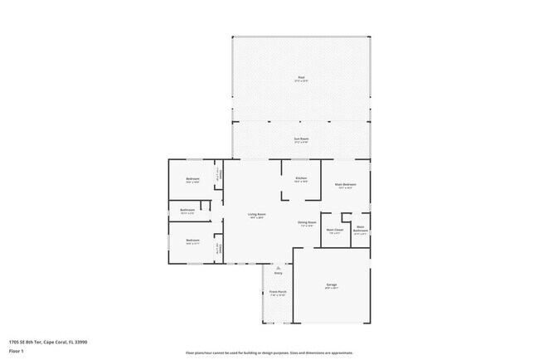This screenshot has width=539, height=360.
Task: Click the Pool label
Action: (301, 79)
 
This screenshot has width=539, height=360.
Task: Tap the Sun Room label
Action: (301, 139)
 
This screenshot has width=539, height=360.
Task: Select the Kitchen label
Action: (301, 179)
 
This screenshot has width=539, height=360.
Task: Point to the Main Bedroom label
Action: (345, 185)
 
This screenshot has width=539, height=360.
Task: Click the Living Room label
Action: (256, 216)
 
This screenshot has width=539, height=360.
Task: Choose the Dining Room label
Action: (306, 223)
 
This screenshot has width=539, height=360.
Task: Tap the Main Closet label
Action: (334, 231)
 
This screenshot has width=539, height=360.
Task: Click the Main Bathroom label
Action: (360, 230)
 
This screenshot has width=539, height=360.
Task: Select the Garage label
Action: (331, 285)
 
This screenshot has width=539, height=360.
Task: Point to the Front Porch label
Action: (277, 293)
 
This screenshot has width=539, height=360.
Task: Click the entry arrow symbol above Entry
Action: (278, 268)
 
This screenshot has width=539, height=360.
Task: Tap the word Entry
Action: (278, 273)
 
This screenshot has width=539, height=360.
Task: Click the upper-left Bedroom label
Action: (192, 179)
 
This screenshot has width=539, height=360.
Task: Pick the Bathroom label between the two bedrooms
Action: (187, 211)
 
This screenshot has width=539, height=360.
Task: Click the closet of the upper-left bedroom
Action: (218, 175)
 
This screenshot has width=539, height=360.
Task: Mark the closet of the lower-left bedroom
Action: (218, 248)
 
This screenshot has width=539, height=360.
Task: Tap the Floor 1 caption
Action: (17, 351)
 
